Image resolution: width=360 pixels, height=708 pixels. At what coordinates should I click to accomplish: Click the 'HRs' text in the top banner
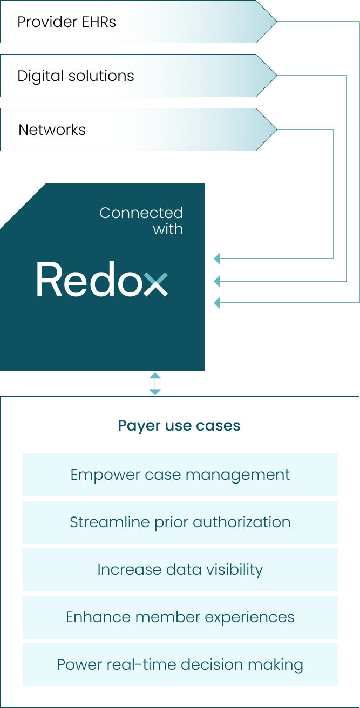click(103, 22)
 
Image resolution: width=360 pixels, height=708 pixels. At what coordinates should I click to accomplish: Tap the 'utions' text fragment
click(112, 76)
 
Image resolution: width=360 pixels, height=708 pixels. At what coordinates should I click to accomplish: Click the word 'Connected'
click(141, 213)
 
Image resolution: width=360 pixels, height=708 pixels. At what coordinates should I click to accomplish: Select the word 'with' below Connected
click(168, 229)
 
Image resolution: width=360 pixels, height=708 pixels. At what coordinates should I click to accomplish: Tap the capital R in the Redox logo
click(47, 279)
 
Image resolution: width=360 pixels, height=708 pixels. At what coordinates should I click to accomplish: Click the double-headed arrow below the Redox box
click(155, 384)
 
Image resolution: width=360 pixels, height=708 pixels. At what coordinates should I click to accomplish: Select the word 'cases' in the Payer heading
click(219, 426)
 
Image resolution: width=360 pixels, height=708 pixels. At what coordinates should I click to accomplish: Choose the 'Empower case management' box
click(180, 475)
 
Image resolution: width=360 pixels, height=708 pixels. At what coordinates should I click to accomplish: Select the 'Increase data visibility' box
click(180, 570)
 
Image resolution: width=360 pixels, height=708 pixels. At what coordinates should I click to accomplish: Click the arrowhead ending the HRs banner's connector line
click(217, 303)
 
